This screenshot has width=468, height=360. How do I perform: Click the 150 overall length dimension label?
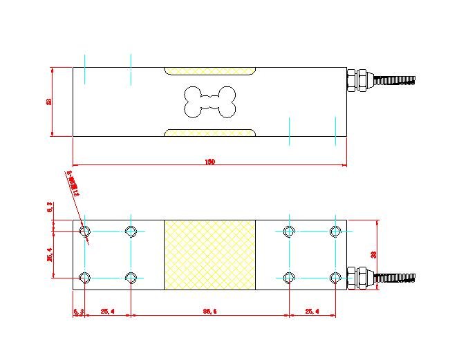[x=209, y=162]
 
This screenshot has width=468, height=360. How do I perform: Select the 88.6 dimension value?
[x=209, y=312]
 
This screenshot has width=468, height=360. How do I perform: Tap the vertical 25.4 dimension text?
[x=48, y=255]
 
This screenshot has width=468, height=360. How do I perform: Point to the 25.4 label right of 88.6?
[x=311, y=312]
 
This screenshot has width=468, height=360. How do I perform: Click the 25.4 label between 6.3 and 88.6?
[x=107, y=312]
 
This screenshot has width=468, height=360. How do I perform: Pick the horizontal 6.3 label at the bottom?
[x=78, y=312]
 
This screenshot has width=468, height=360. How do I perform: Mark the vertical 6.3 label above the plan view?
[x=48, y=207]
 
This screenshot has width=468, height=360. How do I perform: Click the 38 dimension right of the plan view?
[x=374, y=254]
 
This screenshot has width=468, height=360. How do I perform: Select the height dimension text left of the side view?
[x=48, y=102]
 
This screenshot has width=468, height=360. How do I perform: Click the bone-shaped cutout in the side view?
[x=209, y=102]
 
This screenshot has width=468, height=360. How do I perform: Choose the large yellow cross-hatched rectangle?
[x=209, y=254]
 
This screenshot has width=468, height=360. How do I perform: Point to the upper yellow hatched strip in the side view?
[x=209, y=71]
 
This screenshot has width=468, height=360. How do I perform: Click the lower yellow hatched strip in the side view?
[x=209, y=132]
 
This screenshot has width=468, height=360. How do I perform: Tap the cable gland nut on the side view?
[x=358, y=79]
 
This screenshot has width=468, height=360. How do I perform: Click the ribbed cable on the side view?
[x=395, y=80]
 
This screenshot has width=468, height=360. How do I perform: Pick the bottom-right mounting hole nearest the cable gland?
[x=335, y=278]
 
